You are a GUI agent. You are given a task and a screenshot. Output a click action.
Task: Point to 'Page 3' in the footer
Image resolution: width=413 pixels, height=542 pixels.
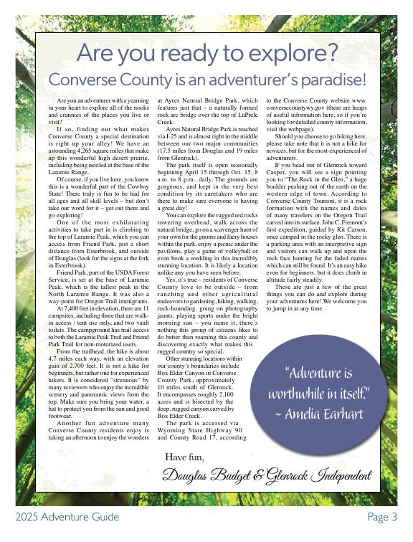pyautogui.click(x=382, y=517)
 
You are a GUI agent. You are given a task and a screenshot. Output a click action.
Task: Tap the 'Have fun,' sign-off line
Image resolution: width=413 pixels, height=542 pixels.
pyautogui.click(x=184, y=457)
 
